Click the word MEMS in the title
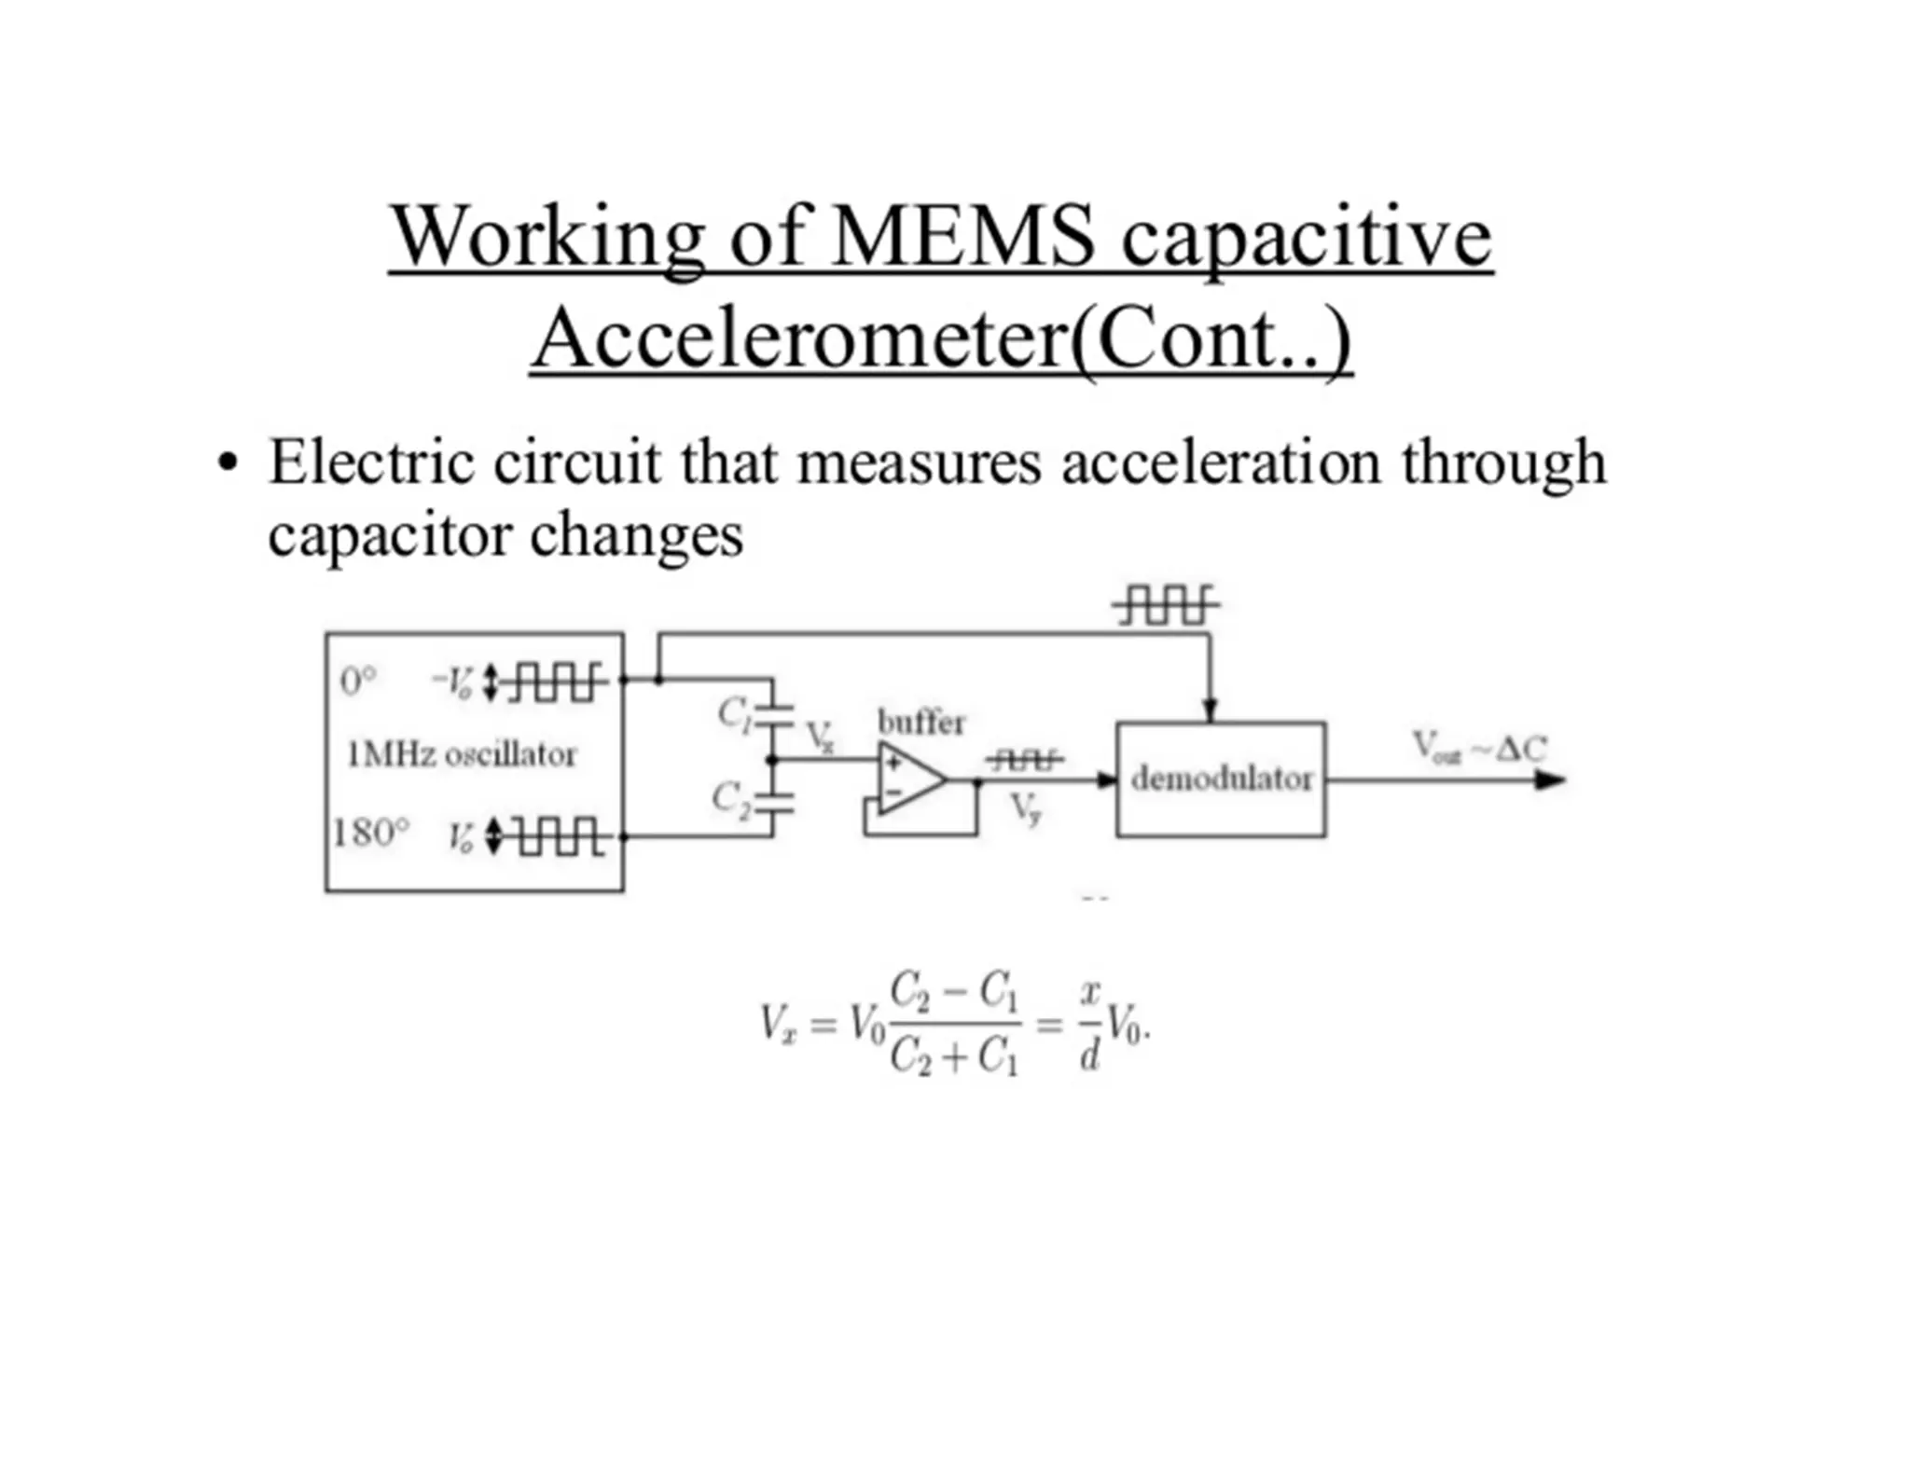(962, 237)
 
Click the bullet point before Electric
(227, 462)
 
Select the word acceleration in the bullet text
(1221, 462)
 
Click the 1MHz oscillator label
(462, 754)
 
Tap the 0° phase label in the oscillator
(358, 682)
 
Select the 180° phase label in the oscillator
(371, 833)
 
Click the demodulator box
(1220, 779)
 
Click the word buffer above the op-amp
(920, 723)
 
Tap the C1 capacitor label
(733, 714)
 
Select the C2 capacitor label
(730, 799)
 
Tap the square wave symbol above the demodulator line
(1166, 605)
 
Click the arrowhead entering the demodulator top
(1210, 710)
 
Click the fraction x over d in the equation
(1089, 1024)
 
